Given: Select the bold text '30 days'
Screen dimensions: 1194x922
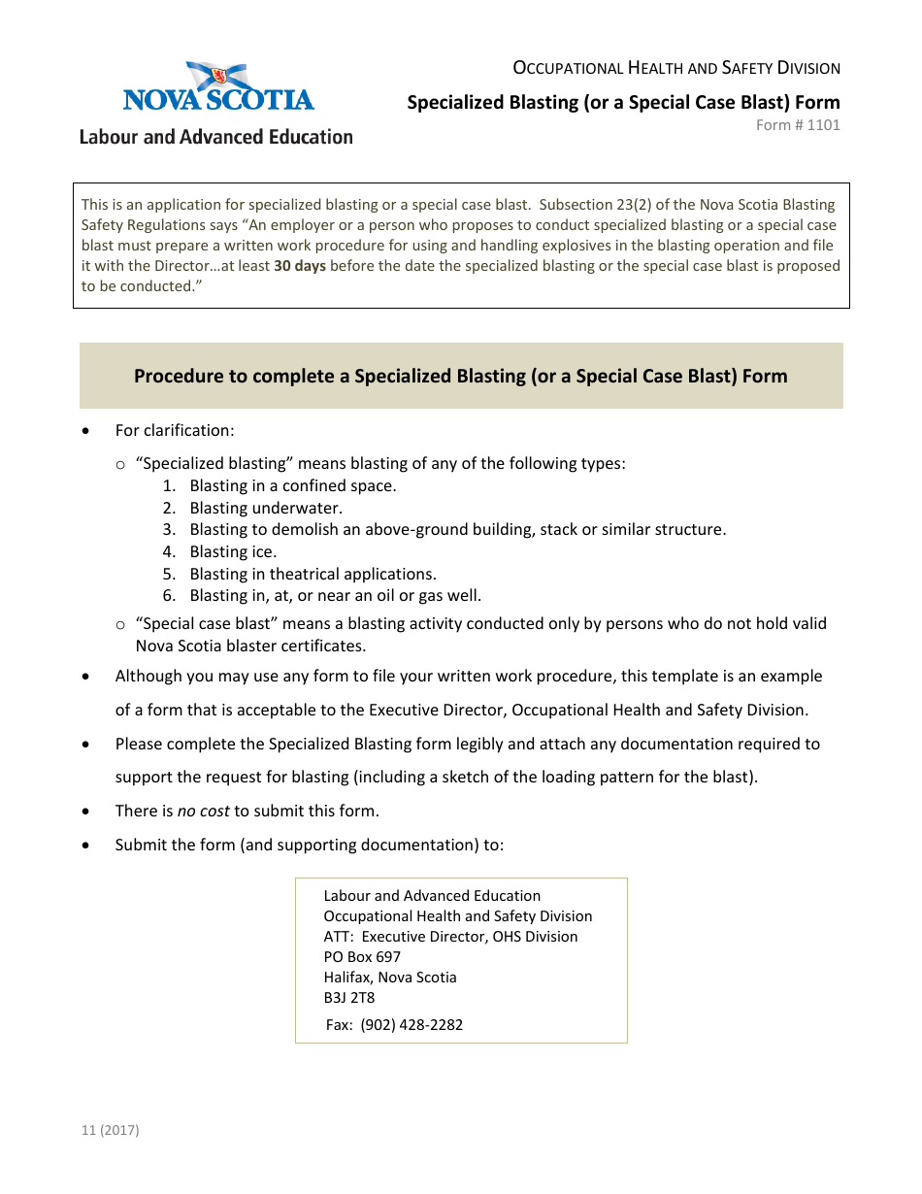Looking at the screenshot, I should click(300, 266).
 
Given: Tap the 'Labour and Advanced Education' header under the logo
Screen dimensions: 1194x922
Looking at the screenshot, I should click(215, 137).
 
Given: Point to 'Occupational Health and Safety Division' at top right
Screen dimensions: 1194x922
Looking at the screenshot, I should click(676, 68).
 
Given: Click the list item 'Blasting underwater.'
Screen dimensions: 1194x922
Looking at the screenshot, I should click(266, 508).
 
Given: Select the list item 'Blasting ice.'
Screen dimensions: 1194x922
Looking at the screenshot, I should click(233, 551).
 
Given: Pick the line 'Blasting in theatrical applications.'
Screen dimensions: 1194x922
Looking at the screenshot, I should click(313, 574).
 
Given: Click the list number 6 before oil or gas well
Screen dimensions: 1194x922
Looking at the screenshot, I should click(169, 595).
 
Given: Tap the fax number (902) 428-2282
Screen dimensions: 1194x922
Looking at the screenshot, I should click(412, 1024).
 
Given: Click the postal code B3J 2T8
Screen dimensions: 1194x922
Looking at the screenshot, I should click(349, 997).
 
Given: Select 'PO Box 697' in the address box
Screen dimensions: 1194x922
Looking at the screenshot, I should click(362, 956).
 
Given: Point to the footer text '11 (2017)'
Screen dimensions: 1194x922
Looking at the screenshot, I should click(111, 1130).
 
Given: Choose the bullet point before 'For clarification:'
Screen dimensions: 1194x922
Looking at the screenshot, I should click(89, 431).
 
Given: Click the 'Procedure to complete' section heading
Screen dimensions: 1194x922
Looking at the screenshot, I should click(460, 376).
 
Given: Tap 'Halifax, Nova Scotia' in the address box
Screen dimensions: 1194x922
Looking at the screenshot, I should click(390, 977).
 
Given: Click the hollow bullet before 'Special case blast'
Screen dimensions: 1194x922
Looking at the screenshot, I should click(120, 624).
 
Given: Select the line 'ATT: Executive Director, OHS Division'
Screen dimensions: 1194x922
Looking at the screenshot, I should click(450, 936).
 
